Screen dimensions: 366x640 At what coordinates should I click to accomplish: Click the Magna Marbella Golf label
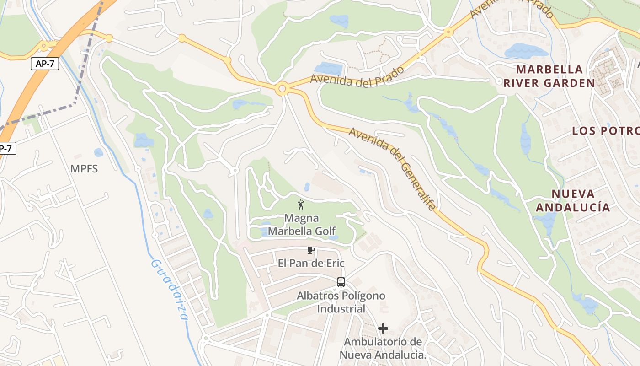tap(302, 225)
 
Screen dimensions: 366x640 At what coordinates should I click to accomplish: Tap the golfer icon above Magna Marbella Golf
tap(301, 205)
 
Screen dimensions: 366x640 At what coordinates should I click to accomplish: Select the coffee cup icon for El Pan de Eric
tap(311, 250)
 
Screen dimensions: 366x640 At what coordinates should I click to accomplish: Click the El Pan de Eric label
tap(311, 264)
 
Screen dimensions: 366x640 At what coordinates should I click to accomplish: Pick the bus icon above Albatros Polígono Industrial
tap(341, 282)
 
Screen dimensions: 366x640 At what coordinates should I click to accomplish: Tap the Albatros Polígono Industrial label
tap(341, 302)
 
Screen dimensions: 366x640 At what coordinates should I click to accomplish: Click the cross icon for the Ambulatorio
tap(383, 328)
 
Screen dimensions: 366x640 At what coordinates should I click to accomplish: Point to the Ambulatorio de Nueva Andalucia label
tap(383, 348)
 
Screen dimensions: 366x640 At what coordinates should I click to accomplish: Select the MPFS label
tap(84, 169)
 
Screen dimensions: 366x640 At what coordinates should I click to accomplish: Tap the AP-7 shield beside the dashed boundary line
tap(45, 64)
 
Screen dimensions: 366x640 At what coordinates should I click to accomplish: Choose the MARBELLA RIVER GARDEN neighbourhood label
tap(549, 76)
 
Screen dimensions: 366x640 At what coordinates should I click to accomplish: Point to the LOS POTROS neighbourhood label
tap(605, 131)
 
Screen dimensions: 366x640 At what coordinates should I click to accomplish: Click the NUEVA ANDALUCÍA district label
tap(573, 200)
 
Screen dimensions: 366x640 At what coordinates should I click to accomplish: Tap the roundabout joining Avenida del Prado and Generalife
tap(282, 88)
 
